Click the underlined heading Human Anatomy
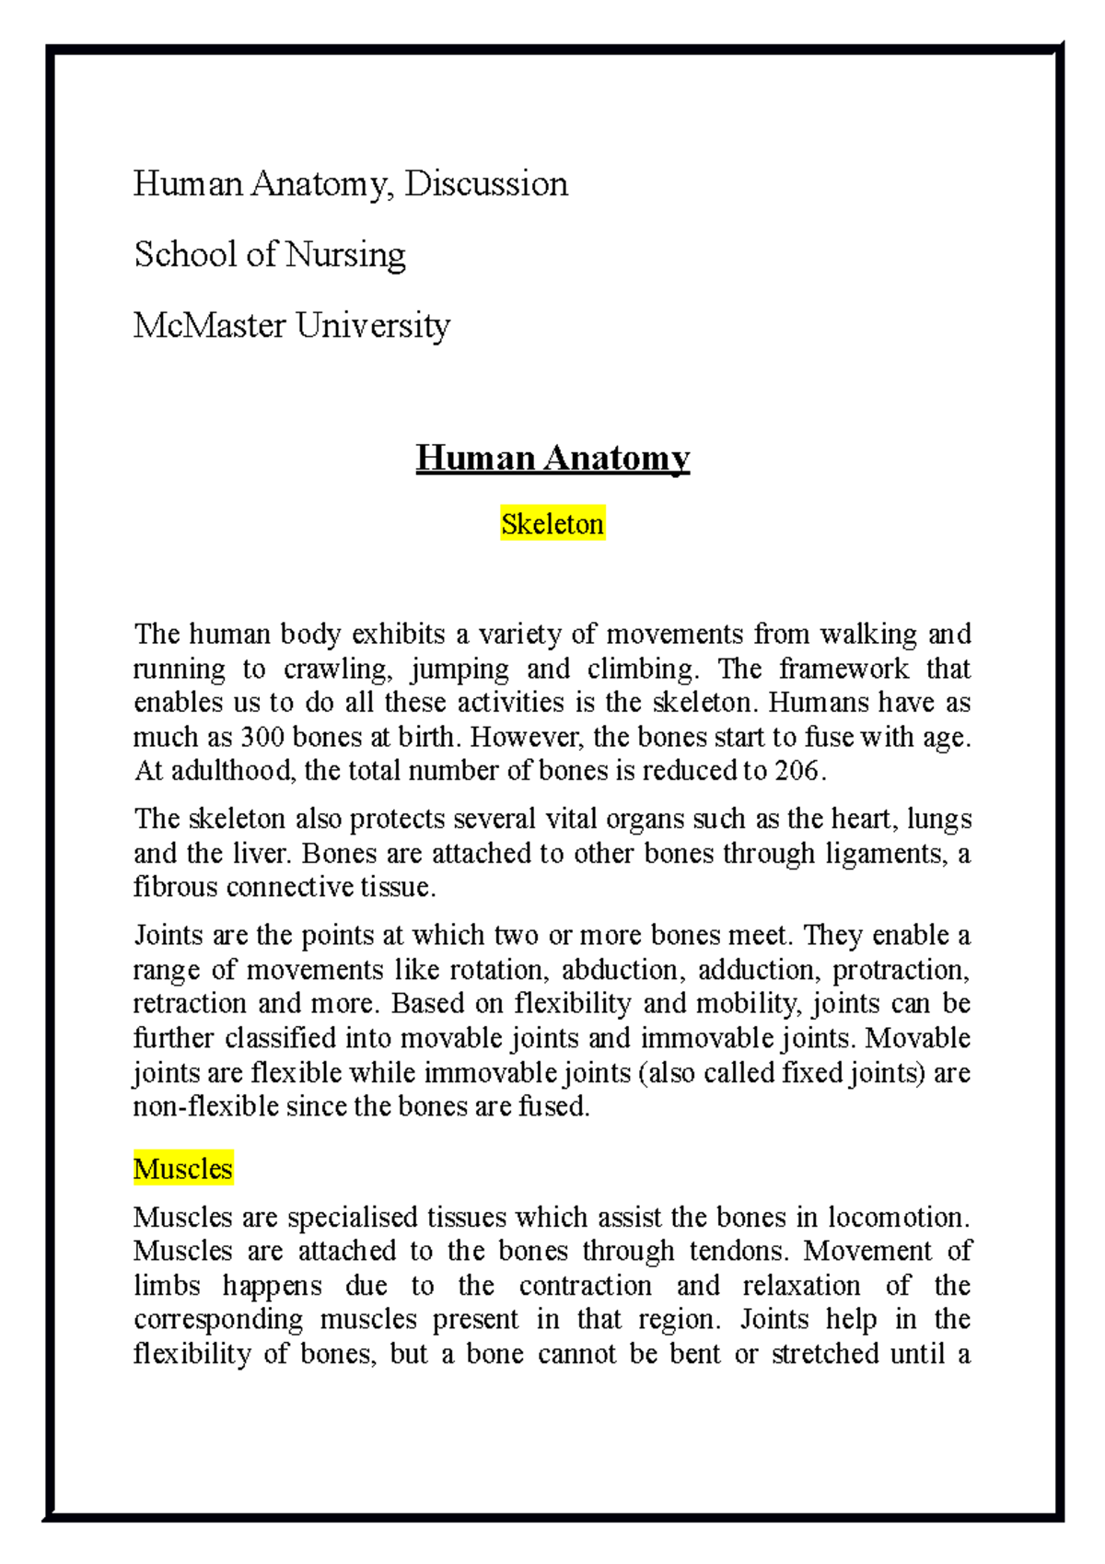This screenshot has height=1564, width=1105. point(552,458)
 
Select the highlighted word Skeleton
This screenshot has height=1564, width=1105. point(552,524)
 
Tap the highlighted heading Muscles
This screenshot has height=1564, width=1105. point(183,1169)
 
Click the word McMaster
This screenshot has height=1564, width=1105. point(210,325)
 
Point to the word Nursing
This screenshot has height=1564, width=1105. point(345,255)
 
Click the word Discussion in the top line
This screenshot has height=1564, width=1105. point(486,184)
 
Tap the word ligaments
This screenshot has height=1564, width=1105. point(885,854)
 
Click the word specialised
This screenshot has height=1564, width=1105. point(353,1217)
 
